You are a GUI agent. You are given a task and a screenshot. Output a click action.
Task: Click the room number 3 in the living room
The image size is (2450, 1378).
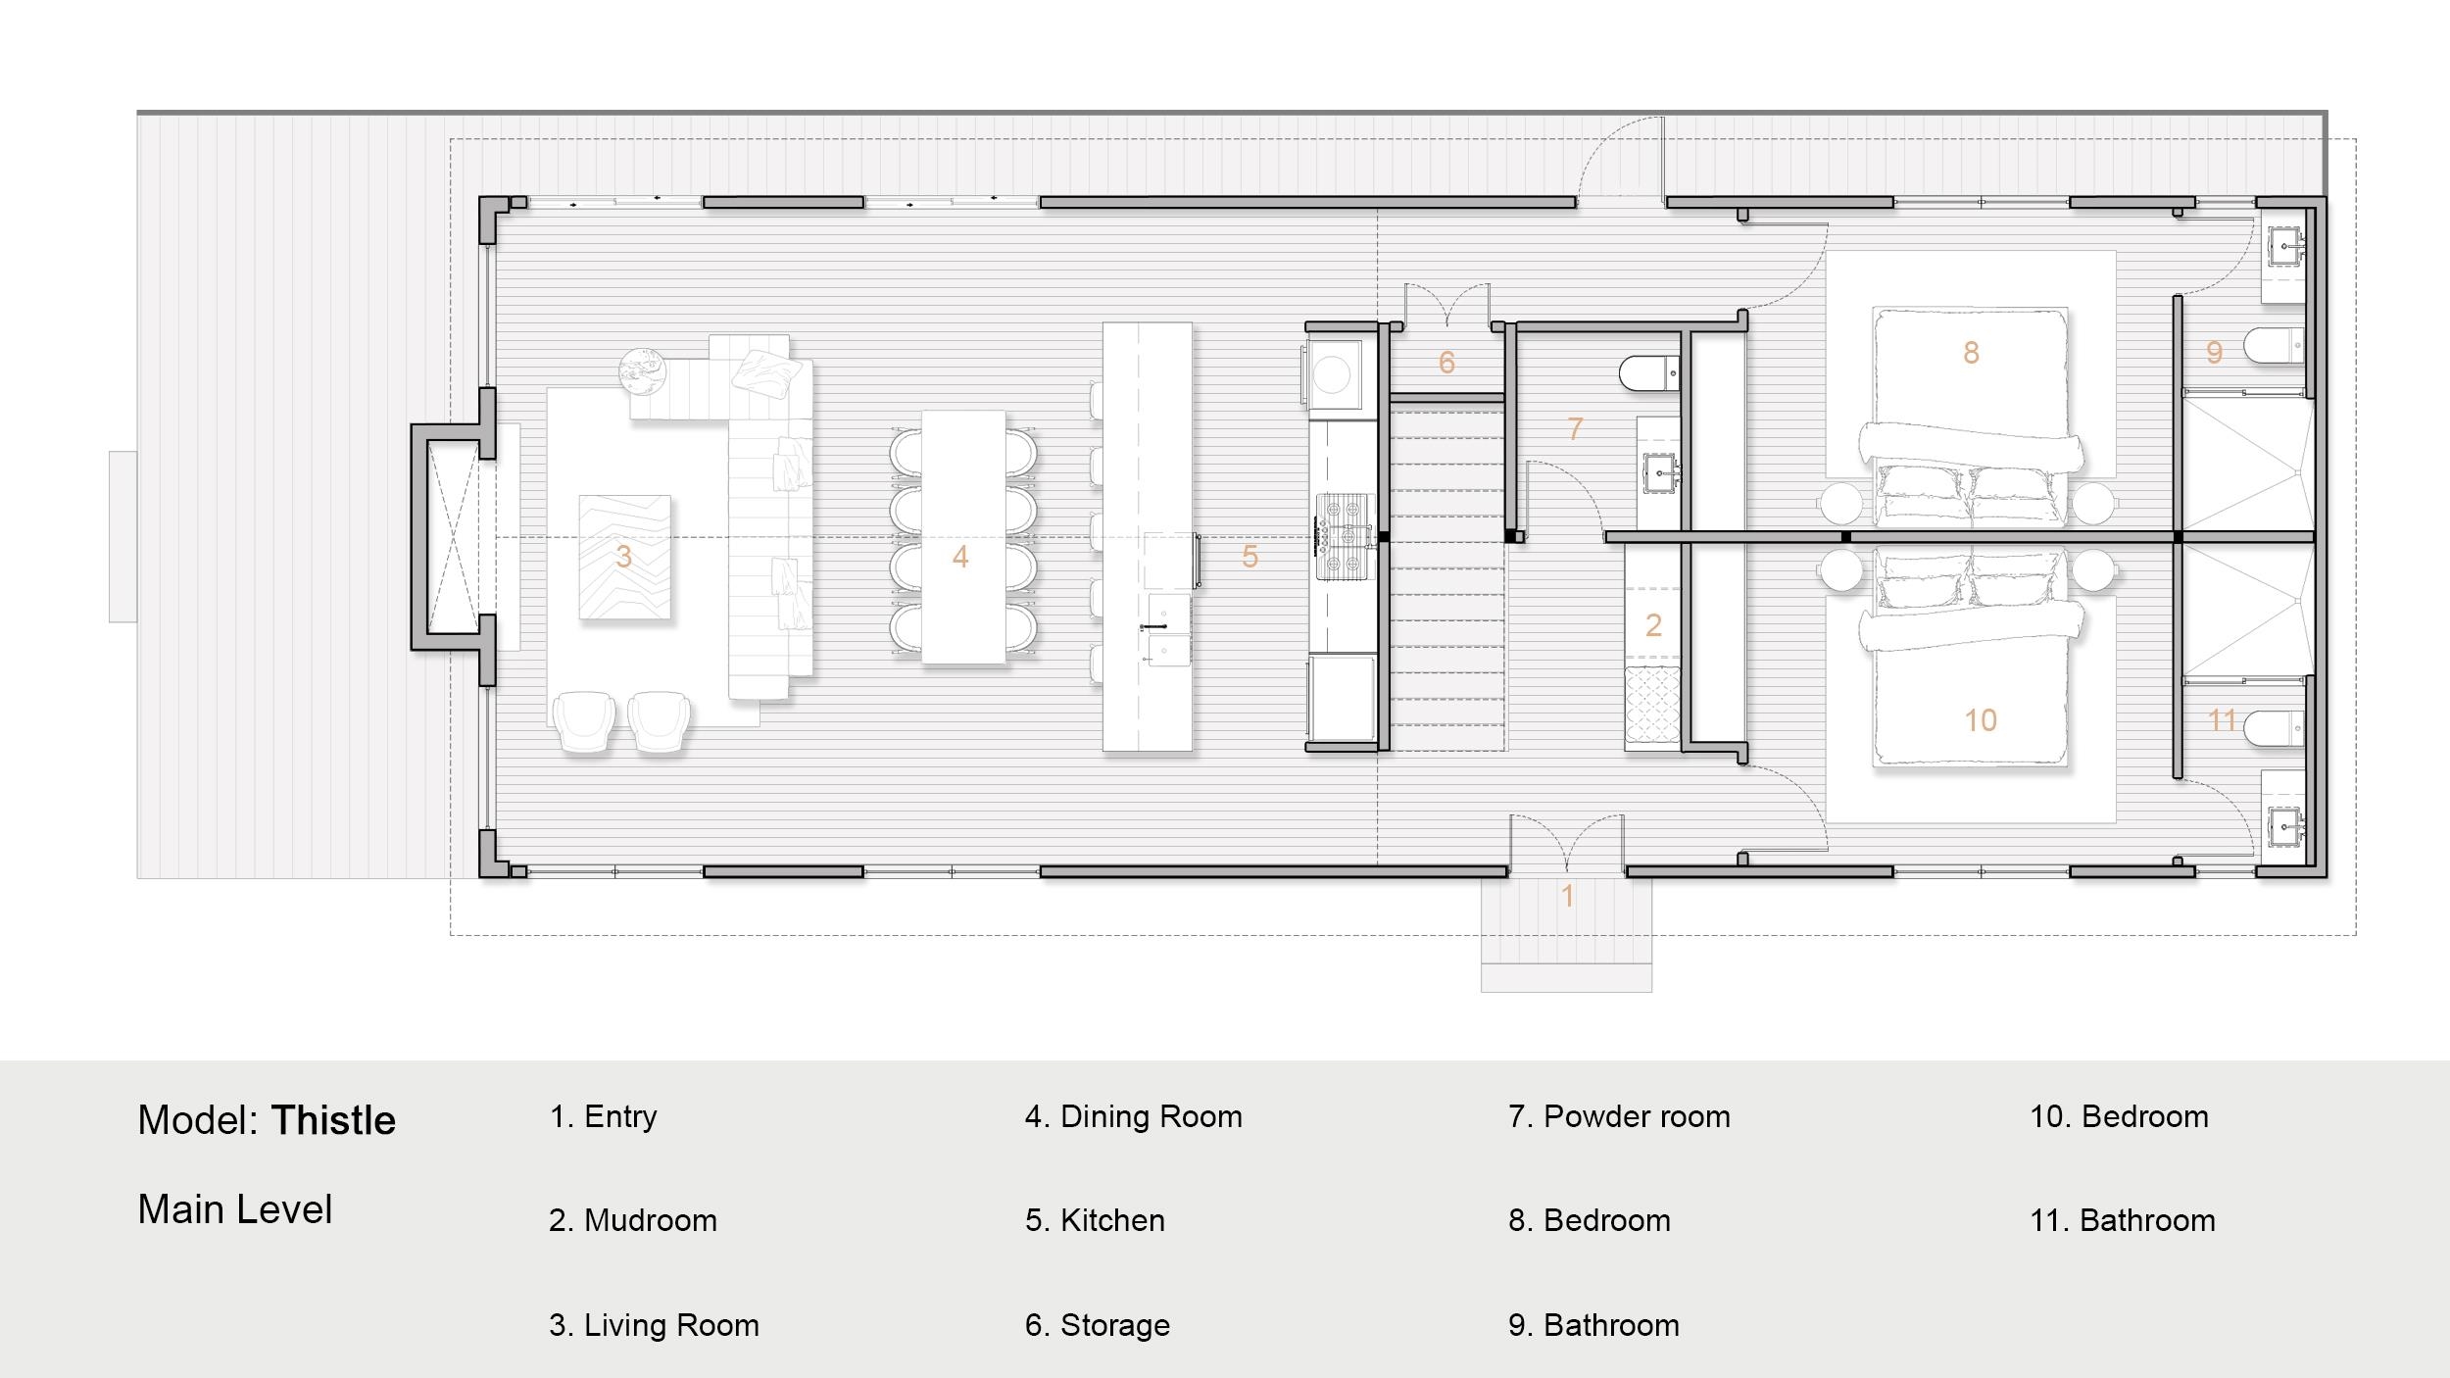623,557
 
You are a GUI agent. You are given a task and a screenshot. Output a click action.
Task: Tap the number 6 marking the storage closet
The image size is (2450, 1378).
1446,363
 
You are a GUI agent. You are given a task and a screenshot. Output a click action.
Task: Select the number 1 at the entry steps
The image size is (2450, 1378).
1568,895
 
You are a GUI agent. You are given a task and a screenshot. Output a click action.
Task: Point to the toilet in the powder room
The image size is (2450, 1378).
1649,373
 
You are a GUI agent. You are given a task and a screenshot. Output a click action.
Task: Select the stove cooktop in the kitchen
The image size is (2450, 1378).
1344,537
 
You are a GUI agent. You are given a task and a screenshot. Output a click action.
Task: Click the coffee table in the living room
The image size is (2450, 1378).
624,557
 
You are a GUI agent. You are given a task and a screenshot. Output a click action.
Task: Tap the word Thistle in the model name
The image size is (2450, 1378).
333,1120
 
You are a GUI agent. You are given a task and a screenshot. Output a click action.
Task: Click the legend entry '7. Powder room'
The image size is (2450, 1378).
1619,1116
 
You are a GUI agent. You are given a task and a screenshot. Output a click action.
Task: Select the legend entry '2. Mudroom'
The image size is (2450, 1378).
633,1220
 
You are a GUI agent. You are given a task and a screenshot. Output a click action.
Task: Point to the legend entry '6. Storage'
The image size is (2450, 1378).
1098,1325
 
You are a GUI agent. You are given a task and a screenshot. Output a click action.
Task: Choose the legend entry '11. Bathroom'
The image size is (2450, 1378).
2123,1220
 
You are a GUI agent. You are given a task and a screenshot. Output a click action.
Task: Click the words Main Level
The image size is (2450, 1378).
235,1209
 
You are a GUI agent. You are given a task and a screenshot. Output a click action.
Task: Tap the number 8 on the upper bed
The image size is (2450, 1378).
1971,353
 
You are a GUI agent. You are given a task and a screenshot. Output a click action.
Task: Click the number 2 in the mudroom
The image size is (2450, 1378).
1653,625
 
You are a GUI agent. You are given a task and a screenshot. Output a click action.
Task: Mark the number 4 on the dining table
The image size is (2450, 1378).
960,557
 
